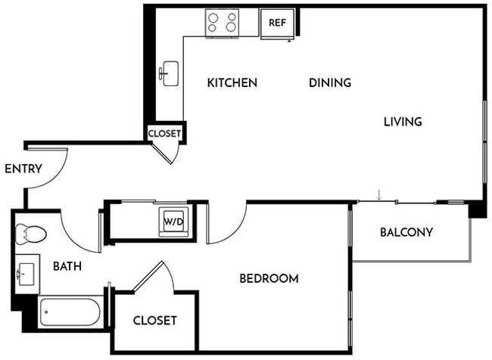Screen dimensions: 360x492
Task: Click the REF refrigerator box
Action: pos(277,23)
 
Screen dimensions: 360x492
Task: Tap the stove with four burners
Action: pos(222,23)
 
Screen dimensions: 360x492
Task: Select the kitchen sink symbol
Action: pos(169,73)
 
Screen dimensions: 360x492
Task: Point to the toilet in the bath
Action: pos(31,234)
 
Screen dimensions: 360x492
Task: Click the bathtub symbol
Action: pos(70,312)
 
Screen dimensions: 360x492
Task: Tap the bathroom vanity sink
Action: pos(28,271)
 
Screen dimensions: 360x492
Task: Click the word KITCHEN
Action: pos(232,82)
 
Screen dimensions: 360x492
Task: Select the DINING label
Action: pos(329,82)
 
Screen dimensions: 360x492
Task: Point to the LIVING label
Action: pos(402,121)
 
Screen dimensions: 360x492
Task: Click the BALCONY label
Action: pos(406,232)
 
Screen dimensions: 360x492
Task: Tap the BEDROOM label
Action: pos(269,278)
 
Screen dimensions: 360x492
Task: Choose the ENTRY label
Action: pos(23,169)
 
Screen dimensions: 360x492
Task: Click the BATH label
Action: pos(67,266)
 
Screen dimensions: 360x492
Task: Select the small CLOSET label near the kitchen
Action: pos(164,133)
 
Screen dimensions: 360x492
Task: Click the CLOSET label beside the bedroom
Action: pos(154,321)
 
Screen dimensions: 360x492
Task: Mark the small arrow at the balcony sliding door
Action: pos(379,196)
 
